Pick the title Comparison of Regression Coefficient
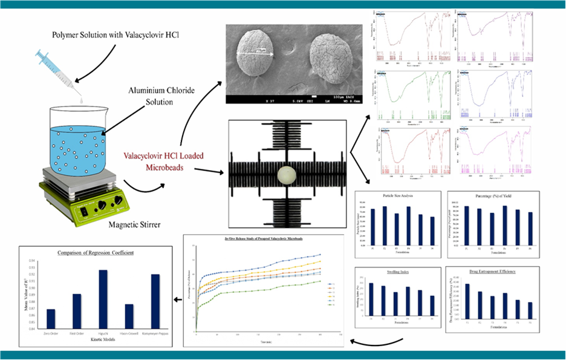95,253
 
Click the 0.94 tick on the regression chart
32,260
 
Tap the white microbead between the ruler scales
285,177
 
